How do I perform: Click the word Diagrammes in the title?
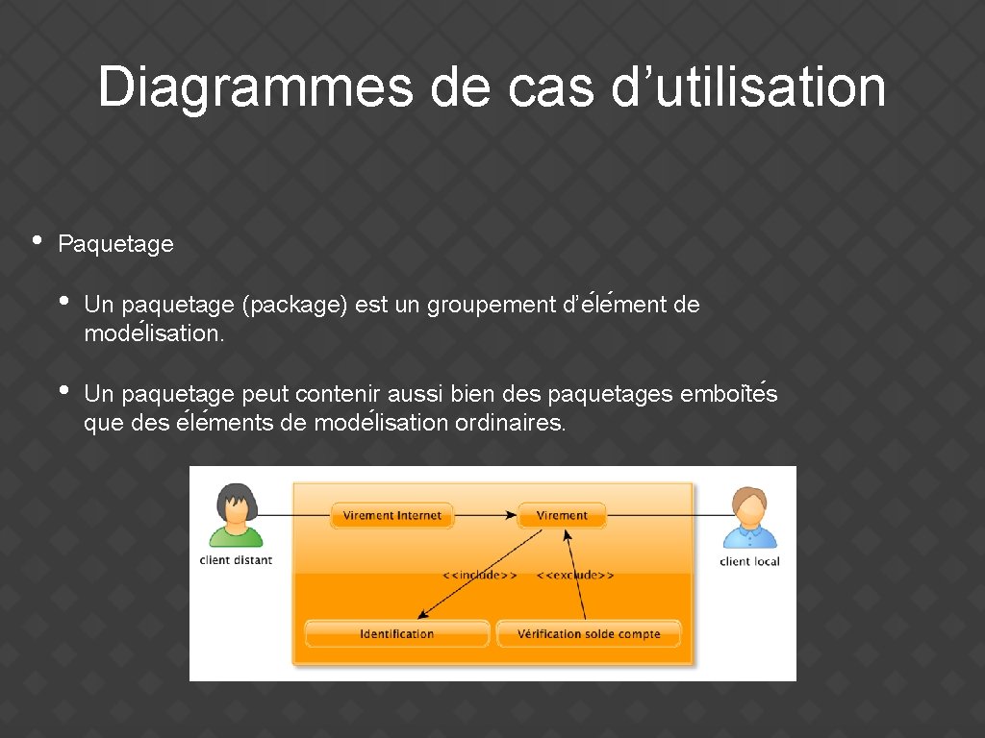tap(256, 87)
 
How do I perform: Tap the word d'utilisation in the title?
tap(747, 87)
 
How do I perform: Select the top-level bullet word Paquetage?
tap(115, 244)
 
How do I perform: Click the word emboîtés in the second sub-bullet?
tap(728, 394)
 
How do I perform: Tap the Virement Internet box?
tap(391, 515)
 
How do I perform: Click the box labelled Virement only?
tap(562, 515)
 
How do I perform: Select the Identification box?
tap(396, 634)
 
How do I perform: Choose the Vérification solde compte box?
tap(589, 634)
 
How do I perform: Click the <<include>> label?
tap(479, 575)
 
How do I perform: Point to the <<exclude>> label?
tap(575, 575)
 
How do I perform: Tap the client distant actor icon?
tap(236, 515)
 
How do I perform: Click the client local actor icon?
tap(749, 517)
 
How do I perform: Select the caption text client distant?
tap(236, 560)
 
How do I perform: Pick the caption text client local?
tap(749, 561)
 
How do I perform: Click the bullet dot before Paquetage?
tap(36, 240)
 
